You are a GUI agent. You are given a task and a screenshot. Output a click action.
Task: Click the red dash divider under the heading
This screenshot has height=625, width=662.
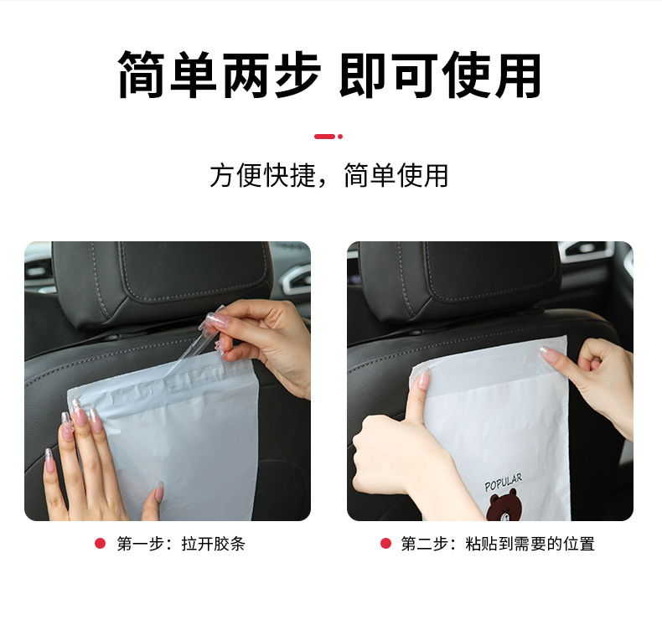[x=324, y=136]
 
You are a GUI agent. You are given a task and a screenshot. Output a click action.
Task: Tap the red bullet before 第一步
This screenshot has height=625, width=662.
[x=100, y=544]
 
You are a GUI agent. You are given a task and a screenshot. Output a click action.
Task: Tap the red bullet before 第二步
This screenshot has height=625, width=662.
[x=385, y=544]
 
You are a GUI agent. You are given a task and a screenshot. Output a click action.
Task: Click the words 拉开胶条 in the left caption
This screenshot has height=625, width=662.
[x=214, y=544]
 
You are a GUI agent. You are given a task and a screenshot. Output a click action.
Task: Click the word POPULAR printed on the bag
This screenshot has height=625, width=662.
[x=503, y=483]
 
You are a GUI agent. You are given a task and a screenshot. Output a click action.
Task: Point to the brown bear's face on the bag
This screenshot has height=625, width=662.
[x=504, y=508]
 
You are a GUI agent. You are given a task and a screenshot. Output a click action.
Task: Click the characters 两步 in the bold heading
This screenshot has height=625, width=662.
[x=270, y=75]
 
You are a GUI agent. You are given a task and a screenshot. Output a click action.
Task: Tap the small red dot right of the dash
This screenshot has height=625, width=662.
[x=340, y=136]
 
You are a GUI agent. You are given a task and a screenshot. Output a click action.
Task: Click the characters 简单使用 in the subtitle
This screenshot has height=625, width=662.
[x=396, y=175]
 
